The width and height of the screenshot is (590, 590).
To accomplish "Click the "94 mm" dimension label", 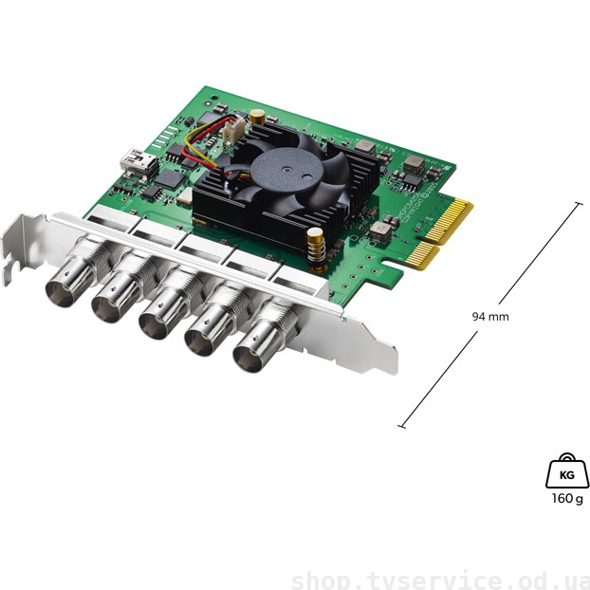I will click(x=489, y=316).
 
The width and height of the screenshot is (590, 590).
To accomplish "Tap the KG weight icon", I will click(x=565, y=471).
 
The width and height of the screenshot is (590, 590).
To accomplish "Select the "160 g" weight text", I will click(x=565, y=499).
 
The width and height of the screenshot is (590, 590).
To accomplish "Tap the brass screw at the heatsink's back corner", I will click(x=257, y=117).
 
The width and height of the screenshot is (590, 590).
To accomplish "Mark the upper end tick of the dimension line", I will click(x=578, y=203).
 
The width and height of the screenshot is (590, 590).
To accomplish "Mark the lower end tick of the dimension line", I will click(x=401, y=426).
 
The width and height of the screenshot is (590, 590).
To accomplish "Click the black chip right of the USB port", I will click(x=170, y=177).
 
